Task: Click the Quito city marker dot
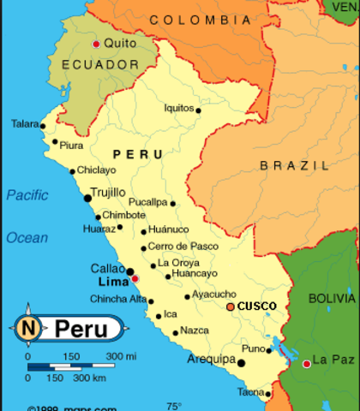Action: click(96, 44)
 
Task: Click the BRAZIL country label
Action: click(294, 165)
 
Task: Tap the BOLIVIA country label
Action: click(331, 299)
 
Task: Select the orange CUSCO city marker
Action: click(230, 307)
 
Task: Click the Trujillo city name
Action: click(108, 192)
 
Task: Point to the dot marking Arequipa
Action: click(241, 363)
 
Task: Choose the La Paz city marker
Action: click(307, 364)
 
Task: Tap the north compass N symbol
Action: click(28, 326)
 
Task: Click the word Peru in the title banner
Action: click(82, 328)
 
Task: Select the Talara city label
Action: click(25, 124)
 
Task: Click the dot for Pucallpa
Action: click(172, 204)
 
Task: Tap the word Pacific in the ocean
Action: click(27, 195)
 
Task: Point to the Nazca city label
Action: click(195, 331)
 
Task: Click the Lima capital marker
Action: click(135, 279)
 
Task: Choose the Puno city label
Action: click(253, 349)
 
